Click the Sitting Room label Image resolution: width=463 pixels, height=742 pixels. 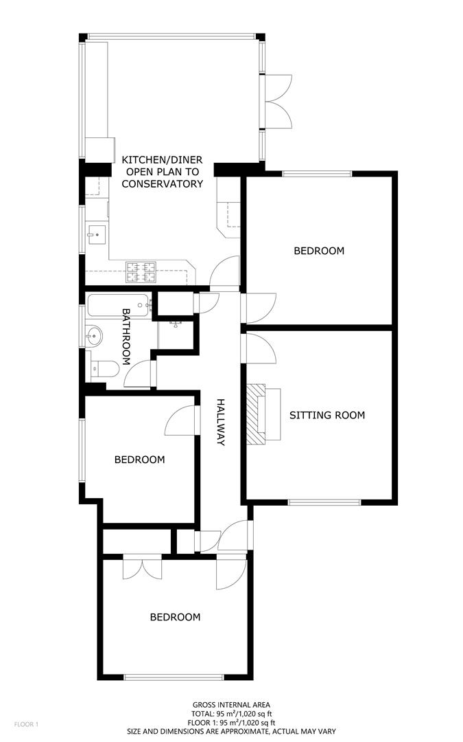(x=327, y=415)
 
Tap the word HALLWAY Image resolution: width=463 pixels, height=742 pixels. (x=221, y=422)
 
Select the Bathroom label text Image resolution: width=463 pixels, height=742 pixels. (x=127, y=336)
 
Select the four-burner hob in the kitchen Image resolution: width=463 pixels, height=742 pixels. (x=141, y=272)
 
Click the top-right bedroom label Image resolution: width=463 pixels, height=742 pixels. (x=319, y=251)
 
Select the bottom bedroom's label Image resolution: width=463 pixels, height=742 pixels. (x=176, y=617)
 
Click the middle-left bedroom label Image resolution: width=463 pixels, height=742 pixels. (x=139, y=460)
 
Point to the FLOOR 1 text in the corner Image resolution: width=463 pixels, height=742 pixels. (x=27, y=724)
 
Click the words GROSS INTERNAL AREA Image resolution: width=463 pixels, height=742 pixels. (x=231, y=704)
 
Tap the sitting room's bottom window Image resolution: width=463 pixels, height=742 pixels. (x=324, y=502)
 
